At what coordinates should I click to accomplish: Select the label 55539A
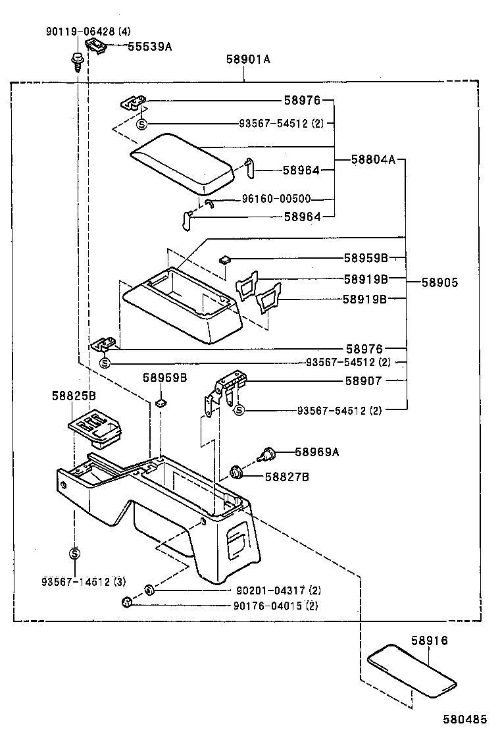point(149,47)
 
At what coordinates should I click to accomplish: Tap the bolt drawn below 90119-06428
point(77,61)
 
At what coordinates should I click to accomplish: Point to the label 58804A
point(373,159)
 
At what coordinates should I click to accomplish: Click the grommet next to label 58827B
point(236,472)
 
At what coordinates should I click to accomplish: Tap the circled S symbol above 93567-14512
point(75,552)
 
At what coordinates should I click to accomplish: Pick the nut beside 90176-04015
point(126,602)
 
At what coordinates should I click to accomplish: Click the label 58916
point(430,640)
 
